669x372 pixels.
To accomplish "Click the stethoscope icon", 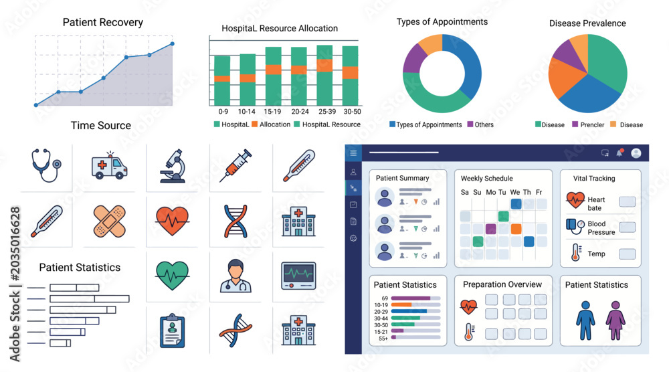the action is tap(46, 165).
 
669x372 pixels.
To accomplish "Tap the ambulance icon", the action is tap(109, 165).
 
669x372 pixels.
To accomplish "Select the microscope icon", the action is tap(173, 166).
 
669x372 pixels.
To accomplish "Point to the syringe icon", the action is tap(235, 165).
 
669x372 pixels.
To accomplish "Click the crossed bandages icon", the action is tap(109, 221).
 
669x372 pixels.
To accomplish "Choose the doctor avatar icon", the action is tap(235, 276).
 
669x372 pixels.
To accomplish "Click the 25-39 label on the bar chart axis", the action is tap(327, 111).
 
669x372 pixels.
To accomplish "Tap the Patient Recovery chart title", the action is tap(103, 22).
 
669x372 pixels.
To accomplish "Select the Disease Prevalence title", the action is tap(587, 23).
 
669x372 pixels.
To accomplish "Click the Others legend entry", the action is tap(480, 124).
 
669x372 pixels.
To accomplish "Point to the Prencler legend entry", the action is tap(588, 124).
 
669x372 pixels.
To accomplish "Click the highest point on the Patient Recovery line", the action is tap(173, 43).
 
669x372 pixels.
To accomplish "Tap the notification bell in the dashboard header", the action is tap(619, 153).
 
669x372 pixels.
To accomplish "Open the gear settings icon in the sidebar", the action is tap(353, 238).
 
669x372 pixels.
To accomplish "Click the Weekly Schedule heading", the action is tap(487, 179).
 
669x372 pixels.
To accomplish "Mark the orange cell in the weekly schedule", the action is tap(516, 229).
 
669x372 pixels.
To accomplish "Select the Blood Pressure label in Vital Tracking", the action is tap(601, 227).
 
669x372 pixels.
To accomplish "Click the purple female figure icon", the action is tap(615, 320).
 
